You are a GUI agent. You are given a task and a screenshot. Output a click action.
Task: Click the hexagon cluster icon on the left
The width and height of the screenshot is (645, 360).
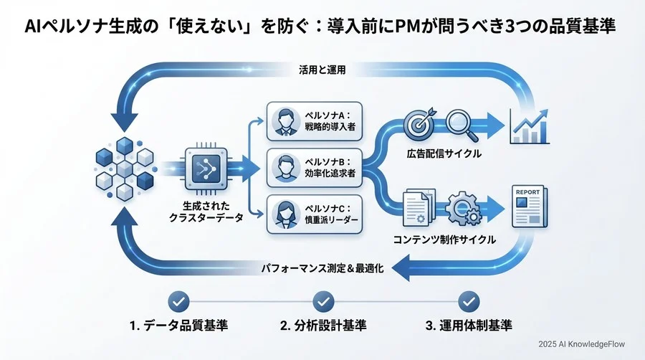point(125,169)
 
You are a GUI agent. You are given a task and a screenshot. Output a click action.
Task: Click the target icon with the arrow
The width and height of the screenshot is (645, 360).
point(419,123)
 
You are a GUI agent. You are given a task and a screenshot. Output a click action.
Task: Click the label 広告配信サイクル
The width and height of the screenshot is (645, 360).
point(445,153)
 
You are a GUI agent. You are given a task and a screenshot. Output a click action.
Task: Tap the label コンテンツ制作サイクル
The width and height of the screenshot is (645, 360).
point(444,240)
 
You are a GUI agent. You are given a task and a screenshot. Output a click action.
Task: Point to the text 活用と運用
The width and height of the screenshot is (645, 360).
point(322,70)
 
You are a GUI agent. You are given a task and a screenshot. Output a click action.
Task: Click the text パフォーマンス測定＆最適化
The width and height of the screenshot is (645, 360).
point(322,269)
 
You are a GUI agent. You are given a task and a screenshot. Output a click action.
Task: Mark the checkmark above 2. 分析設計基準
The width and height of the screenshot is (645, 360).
point(323,300)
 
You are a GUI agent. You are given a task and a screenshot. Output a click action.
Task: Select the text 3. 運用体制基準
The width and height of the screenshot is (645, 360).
point(469,326)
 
